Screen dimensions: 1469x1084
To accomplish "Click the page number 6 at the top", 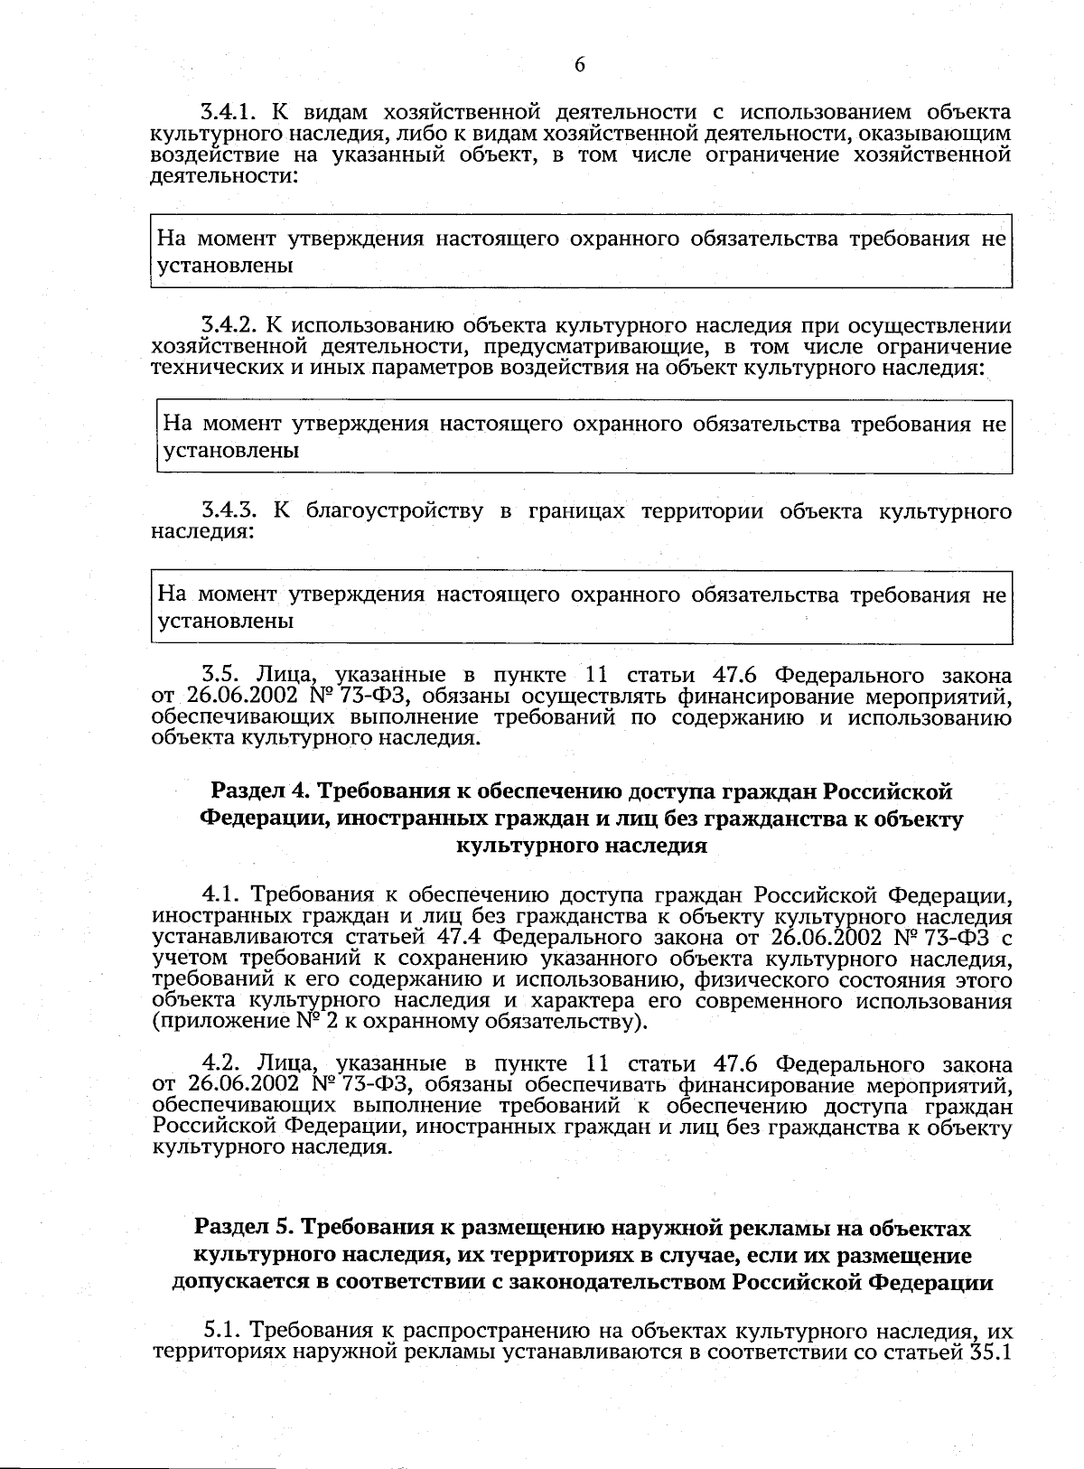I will pos(579,64).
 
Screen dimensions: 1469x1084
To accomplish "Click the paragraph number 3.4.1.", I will pos(229,113).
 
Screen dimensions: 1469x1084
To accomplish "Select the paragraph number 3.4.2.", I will pos(229,326).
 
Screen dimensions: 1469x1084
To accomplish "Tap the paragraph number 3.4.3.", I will pos(229,512).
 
